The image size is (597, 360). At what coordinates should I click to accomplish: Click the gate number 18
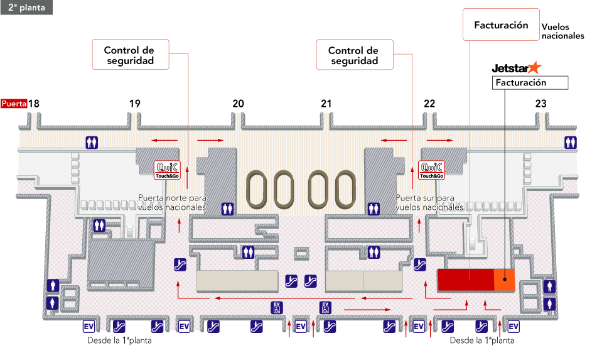[34, 104]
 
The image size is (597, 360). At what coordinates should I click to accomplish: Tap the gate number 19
[135, 104]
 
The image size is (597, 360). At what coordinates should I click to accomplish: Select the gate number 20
[238, 104]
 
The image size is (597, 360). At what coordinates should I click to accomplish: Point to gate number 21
[326, 104]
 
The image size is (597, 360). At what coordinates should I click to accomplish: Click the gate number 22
[429, 104]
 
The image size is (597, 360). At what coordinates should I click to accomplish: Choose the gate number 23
[541, 104]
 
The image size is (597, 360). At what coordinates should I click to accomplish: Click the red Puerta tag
[14, 104]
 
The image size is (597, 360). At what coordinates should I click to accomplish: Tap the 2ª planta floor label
[26, 8]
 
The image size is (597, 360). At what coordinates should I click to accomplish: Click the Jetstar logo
[516, 68]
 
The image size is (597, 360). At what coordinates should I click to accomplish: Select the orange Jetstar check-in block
[504, 280]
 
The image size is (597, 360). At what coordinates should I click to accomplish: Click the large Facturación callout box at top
[500, 25]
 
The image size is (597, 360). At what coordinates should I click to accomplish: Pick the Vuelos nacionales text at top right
[562, 32]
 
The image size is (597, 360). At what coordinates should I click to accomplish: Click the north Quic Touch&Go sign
[168, 170]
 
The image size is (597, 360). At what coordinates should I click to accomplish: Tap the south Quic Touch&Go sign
[431, 170]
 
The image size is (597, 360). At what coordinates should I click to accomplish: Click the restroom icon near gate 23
[571, 143]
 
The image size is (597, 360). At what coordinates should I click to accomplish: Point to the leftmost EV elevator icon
[89, 327]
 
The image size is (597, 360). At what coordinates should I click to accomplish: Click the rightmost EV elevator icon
[514, 327]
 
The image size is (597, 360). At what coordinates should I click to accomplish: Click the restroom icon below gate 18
[93, 143]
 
